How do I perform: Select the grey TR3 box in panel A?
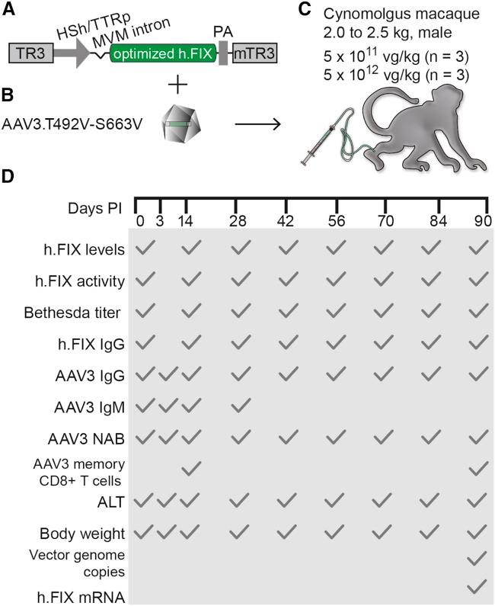tap(30, 53)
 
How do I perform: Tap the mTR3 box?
tap(255, 53)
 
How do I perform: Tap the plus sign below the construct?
tap(177, 84)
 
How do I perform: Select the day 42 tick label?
tap(286, 222)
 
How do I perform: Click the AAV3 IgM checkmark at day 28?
tap(241, 406)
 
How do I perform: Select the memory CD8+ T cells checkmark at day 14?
tap(191, 465)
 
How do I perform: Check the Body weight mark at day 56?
tap(335, 531)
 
